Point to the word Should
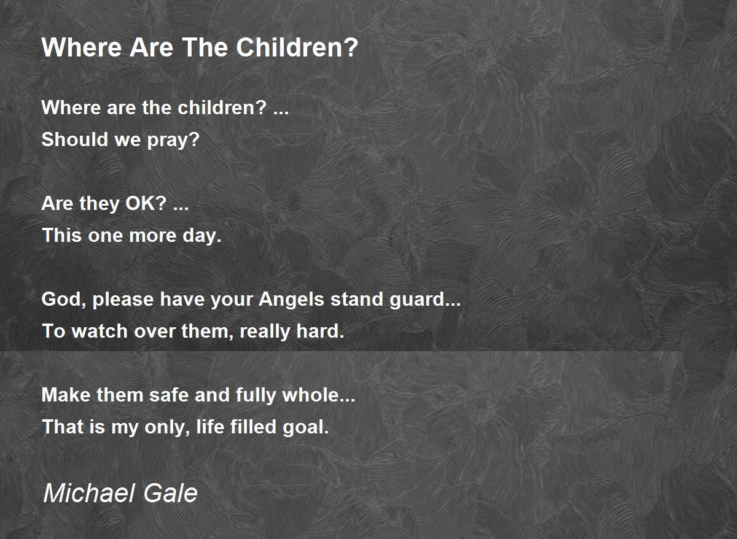[75, 139]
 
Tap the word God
[61, 299]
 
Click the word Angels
[292, 300]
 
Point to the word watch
[99, 331]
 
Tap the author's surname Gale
[171, 493]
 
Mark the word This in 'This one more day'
[62, 235]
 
